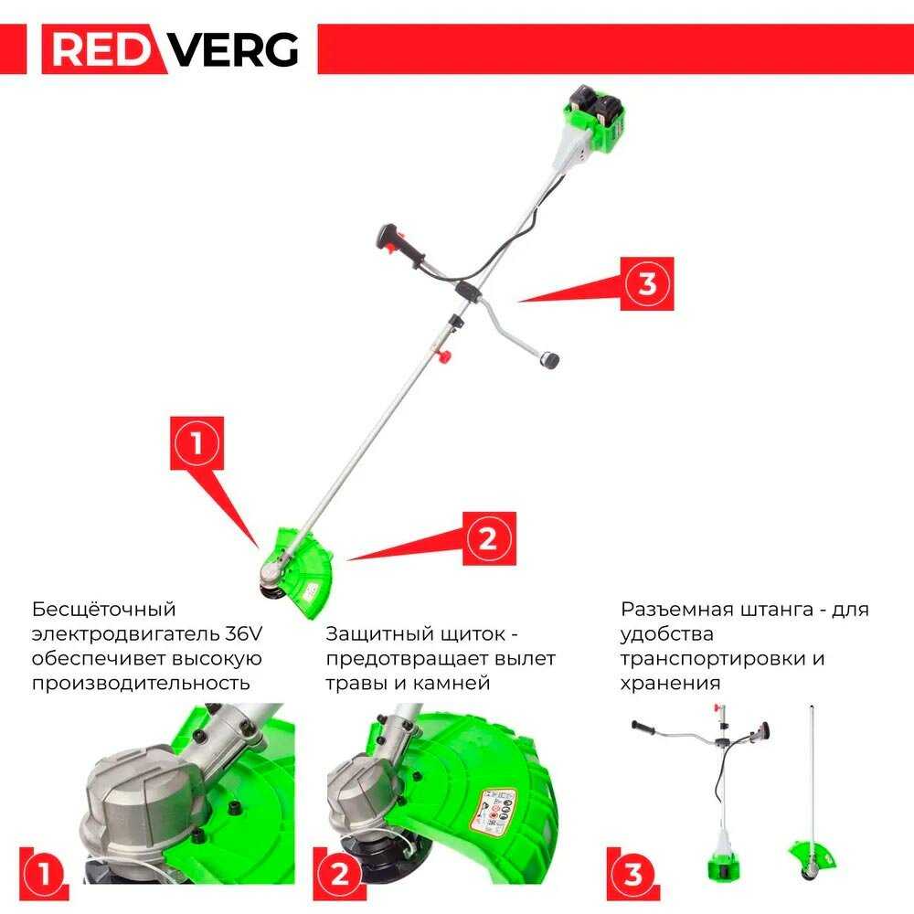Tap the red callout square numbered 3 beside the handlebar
(x=646, y=283)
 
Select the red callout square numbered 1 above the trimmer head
(x=197, y=444)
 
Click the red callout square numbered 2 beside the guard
(x=488, y=538)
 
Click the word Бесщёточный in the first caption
(x=103, y=610)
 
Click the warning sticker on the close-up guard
(x=494, y=812)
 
